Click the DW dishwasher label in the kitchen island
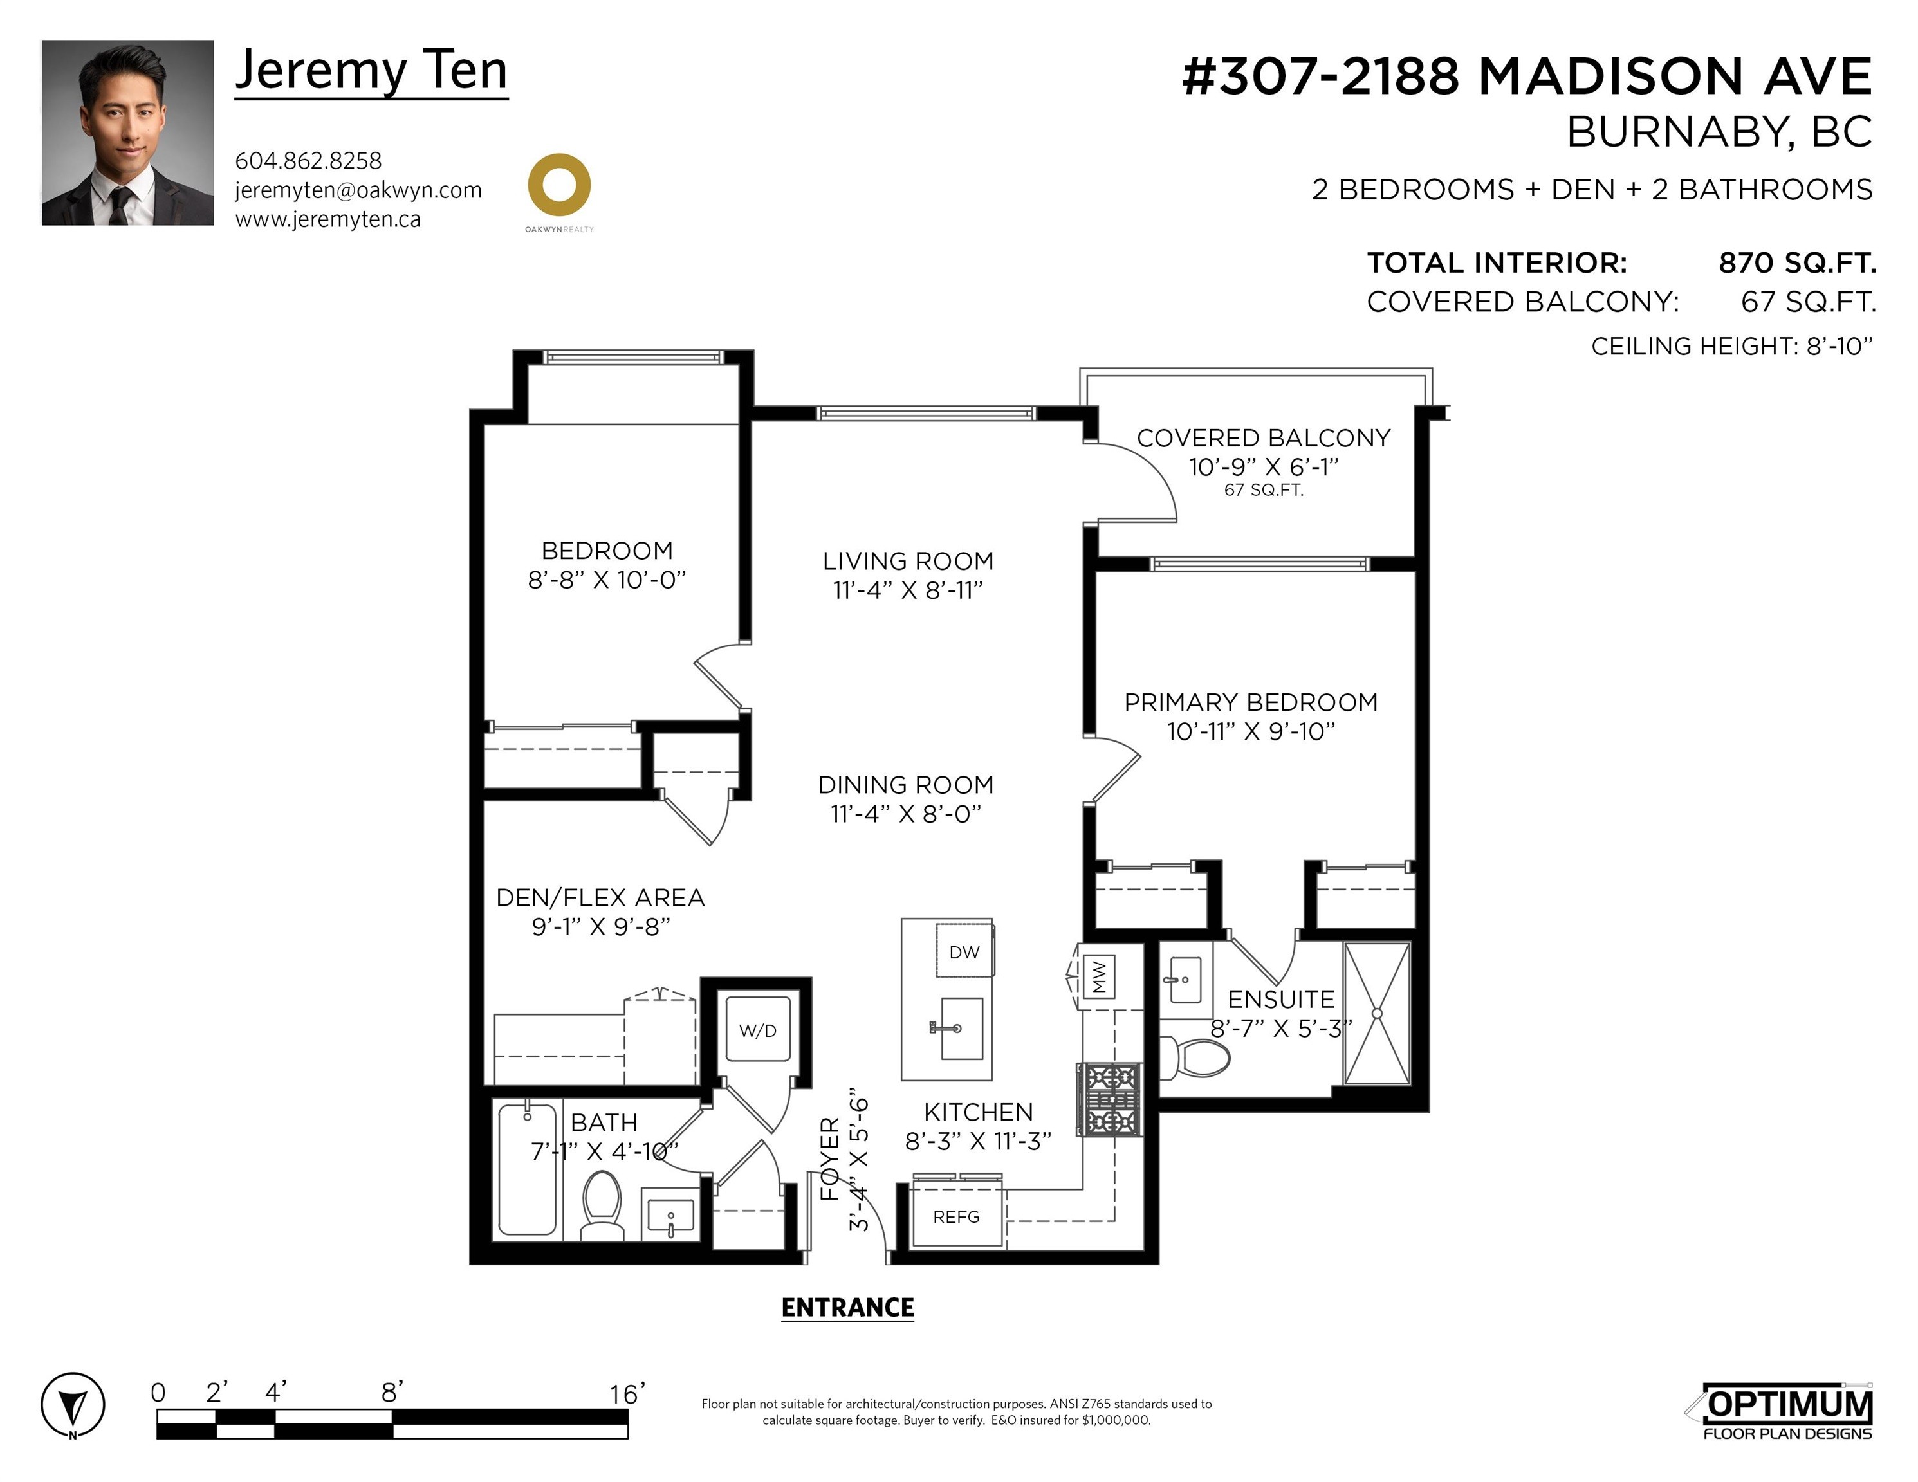tap(964, 952)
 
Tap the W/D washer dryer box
tap(758, 1029)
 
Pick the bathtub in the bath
tap(528, 1169)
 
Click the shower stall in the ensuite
tap(1377, 1013)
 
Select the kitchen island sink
tap(961, 1028)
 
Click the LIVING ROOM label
tap(908, 561)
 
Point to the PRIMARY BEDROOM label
tap(1251, 702)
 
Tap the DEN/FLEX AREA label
tap(601, 897)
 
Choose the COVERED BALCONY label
tap(1264, 438)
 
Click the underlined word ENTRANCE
tap(847, 1309)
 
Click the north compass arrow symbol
tap(73, 1405)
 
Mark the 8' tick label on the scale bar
tap(392, 1391)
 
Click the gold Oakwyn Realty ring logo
tap(559, 185)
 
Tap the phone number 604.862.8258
tap(308, 161)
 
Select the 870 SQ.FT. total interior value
tap(1797, 262)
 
